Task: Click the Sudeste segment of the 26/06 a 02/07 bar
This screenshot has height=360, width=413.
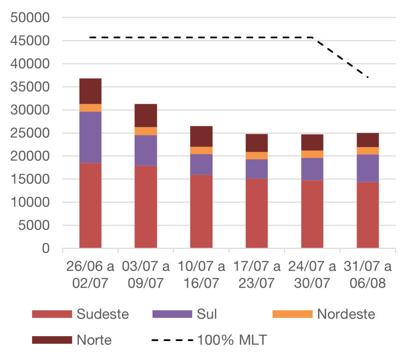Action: pos(90,205)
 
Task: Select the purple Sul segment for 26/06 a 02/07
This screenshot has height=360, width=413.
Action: pos(90,137)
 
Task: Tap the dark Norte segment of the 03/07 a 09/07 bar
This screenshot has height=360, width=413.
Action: pos(146,115)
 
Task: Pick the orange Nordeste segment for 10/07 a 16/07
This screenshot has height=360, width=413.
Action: pos(201,151)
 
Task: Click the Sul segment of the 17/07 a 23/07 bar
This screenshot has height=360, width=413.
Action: pos(257,169)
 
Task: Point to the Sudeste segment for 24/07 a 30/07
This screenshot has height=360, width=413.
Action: pos(312,214)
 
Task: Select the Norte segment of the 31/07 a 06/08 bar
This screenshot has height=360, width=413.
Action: pos(368,140)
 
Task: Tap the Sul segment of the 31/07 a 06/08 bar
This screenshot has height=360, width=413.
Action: pos(368,168)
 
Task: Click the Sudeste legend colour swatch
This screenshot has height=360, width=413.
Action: pos(52,314)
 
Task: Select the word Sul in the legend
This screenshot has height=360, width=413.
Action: pos(207,314)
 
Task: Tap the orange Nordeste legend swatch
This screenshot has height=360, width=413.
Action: pos(292,314)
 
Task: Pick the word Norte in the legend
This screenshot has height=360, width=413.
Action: pos(94,340)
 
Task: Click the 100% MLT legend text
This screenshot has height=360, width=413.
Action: pos(232,340)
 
